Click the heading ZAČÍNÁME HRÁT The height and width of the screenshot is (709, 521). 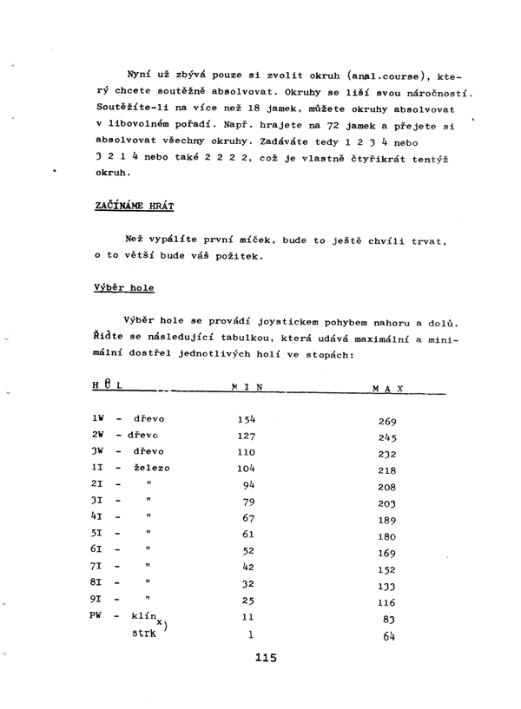pyautogui.click(x=134, y=206)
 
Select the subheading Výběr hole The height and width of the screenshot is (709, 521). pyautogui.click(x=123, y=286)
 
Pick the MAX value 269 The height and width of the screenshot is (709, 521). pyautogui.click(x=387, y=423)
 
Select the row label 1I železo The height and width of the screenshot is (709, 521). pyautogui.click(x=131, y=469)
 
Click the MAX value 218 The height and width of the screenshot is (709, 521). pyautogui.click(x=387, y=471)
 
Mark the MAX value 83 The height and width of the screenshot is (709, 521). pyautogui.click(x=388, y=620)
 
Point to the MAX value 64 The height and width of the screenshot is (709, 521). pyautogui.click(x=388, y=636)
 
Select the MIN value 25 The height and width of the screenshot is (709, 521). pyautogui.click(x=248, y=601)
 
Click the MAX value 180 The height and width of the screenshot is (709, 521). pyautogui.click(x=387, y=536)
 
